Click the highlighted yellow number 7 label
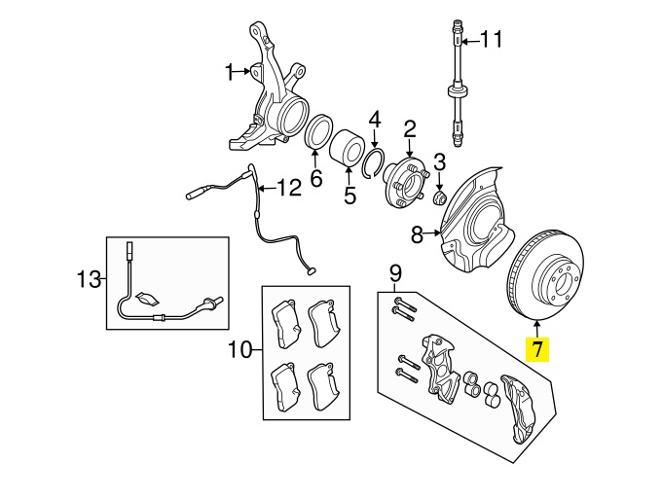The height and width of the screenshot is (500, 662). click(537, 350)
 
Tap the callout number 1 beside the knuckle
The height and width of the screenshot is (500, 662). click(230, 72)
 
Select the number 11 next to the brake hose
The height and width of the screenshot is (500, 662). click(492, 39)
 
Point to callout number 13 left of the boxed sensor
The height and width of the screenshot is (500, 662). click(90, 279)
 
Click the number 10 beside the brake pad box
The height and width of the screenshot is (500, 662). click(240, 350)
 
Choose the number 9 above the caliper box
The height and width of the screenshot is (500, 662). click(395, 274)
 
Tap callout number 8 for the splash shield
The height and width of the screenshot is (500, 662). click(417, 234)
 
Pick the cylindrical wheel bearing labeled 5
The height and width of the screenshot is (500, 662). click(347, 147)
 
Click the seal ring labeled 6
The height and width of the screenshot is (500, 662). click(319, 131)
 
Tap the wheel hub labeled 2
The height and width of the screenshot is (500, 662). click(406, 183)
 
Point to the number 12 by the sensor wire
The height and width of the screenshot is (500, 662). click(289, 188)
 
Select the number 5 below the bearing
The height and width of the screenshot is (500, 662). click(350, 195)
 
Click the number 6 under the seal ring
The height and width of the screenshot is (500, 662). click(316, 178)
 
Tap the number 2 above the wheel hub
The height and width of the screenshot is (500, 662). click(410, 130)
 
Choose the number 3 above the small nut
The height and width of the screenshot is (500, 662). click(439, 162)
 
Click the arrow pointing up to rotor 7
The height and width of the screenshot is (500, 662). click(537, 329)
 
